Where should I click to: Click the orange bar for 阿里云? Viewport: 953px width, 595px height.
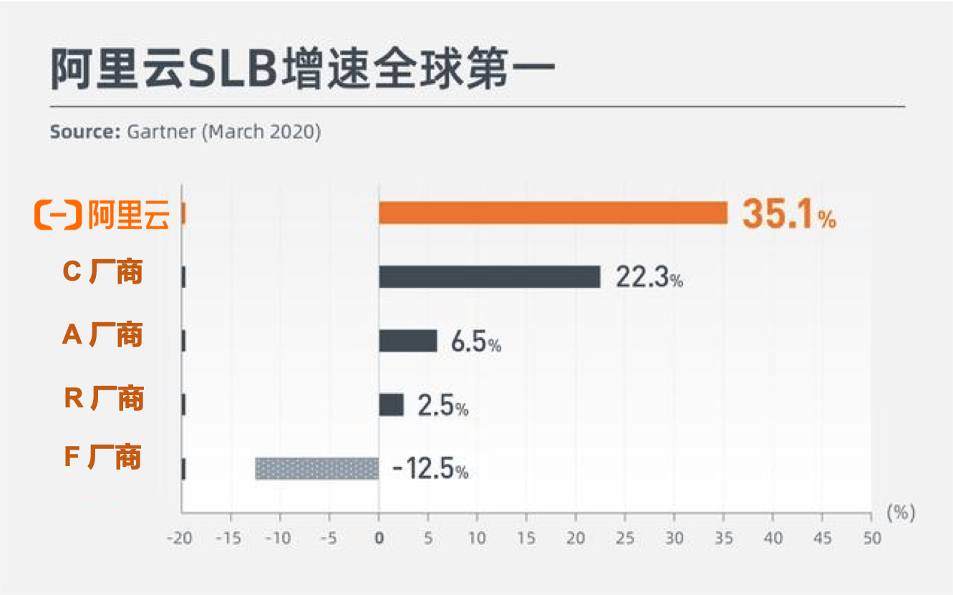553,213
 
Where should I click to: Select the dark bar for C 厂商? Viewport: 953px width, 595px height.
489,277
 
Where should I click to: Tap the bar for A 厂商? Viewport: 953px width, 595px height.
407,341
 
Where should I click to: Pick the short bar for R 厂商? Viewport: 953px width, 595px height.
391,405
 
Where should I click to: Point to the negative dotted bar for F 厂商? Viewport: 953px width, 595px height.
316,468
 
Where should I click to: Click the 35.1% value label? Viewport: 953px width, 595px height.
788,214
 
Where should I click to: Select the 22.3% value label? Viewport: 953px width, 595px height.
649,278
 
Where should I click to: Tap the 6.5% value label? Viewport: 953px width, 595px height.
475,342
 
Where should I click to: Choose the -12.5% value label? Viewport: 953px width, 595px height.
430,470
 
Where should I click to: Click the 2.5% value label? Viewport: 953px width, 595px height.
442,407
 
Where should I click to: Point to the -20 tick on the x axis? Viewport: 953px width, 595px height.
180,538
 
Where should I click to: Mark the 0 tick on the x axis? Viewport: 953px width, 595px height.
379,538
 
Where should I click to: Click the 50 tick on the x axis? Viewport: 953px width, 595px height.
871,538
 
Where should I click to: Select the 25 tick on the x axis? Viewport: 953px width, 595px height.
625,538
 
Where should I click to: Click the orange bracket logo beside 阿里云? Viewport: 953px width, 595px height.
58,215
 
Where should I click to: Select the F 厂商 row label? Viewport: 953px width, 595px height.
103,456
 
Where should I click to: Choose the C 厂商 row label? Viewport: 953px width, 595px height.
103,271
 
